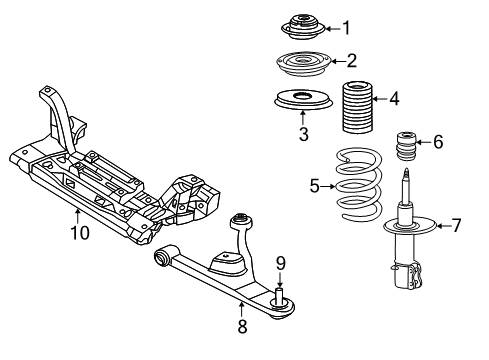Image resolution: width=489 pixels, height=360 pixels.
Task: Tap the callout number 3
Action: coord(302,133)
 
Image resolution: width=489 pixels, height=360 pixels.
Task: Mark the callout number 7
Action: coord(456,225)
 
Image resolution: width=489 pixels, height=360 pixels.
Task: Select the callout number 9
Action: coord(280,263)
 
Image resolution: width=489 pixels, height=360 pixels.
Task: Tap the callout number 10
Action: coord(79,233)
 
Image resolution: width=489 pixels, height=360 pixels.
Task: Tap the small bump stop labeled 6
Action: coord(408,145)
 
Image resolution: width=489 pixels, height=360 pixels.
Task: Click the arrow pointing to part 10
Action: coord(78,214)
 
